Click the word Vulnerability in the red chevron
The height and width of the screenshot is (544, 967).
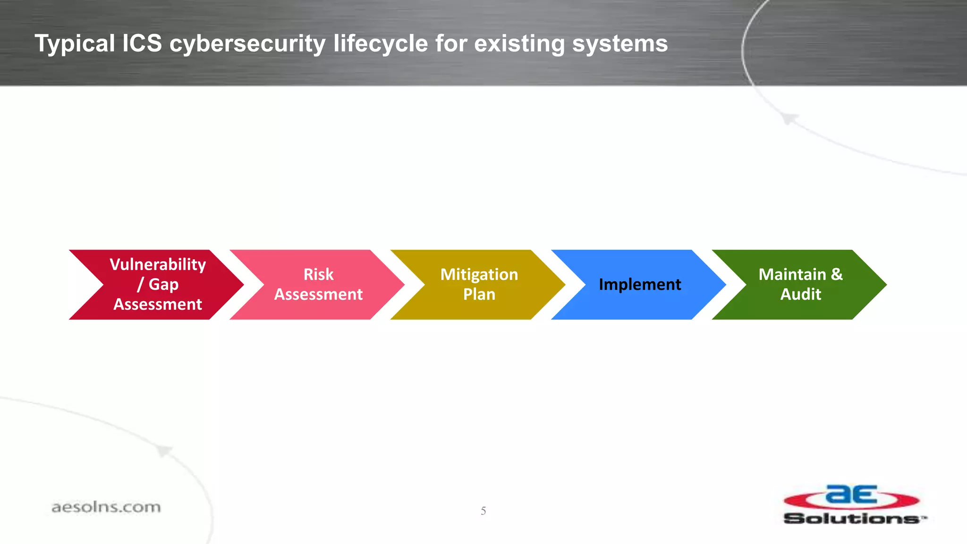(158, 264)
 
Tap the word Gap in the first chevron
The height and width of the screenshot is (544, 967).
(163, 284)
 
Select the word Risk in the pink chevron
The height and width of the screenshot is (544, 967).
(318, 274)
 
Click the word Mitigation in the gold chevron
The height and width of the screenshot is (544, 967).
(479, 274)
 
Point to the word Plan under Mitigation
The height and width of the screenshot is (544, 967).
(479, 294)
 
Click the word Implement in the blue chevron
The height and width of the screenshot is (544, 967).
(639, 284)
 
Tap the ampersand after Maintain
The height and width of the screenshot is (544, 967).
(837, 274)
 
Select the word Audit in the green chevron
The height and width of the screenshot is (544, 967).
(800, 294)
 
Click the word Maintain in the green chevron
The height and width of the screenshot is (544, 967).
(792, 274)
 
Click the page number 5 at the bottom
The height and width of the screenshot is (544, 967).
(483, 510)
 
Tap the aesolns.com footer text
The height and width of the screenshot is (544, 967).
(106, 507)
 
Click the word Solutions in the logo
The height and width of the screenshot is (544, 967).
(852, 518)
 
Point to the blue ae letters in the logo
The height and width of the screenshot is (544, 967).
(851, 495)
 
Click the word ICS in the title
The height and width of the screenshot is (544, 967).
(142, 43)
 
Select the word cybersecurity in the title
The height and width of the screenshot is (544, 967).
(247, 43)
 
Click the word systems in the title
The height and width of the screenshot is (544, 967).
(619, 43)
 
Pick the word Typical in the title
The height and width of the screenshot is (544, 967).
(75, 43)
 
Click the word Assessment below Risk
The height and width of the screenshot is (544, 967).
(318, 294)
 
